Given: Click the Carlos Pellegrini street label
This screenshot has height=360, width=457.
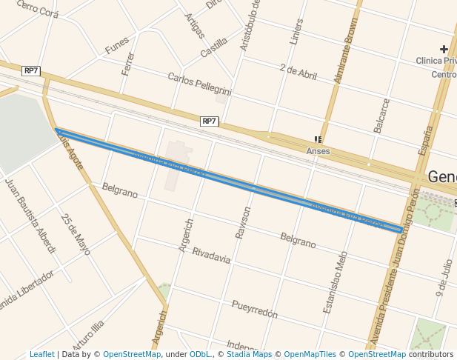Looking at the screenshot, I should tap(199, 84).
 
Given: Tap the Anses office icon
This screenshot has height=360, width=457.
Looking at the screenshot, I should tap(318, 139).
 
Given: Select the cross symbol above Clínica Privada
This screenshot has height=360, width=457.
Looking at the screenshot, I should tap(444, 50).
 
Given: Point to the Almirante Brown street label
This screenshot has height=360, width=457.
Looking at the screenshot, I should tap(345, 51).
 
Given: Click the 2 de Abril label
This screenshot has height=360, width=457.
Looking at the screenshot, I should tap(298, 71).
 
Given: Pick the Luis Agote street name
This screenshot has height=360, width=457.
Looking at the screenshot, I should tap(71, 153).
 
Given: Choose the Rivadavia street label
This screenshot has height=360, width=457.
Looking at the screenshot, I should tap(211, 256).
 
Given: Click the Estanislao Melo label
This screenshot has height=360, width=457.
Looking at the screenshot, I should tap(335, 281).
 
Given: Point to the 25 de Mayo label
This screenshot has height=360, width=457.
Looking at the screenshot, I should tap(76, 234).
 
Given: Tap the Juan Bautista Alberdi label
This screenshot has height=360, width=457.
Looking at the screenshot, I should tap(30, 215).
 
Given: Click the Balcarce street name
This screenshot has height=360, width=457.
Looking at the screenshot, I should tap(381, 116).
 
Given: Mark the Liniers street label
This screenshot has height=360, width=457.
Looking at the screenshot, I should tap(296, 31).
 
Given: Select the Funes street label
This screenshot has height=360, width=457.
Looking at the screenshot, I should tap(117, 46).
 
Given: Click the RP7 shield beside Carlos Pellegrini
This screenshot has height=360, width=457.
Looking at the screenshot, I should tap(210, 121).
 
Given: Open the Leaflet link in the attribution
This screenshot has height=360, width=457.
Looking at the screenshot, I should tap(41, 355).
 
